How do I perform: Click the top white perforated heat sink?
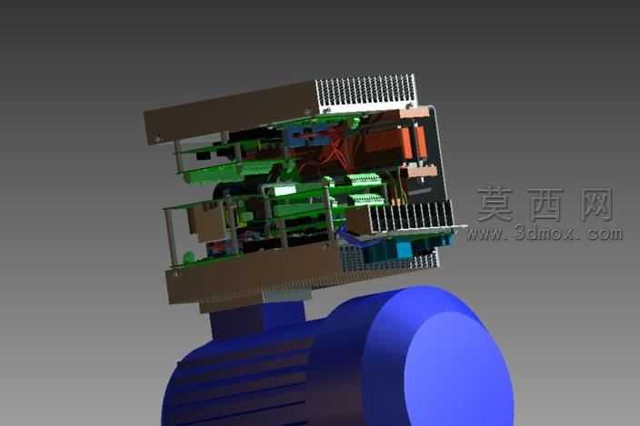(x=365, y=92)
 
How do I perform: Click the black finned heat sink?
(x=411, y=216)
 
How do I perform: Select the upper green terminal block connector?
(x=364, y=179)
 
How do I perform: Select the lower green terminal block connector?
(x=366, y=199)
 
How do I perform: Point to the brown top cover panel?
(x=231, y=110)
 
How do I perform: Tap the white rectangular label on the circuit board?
(x=285, y=190)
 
